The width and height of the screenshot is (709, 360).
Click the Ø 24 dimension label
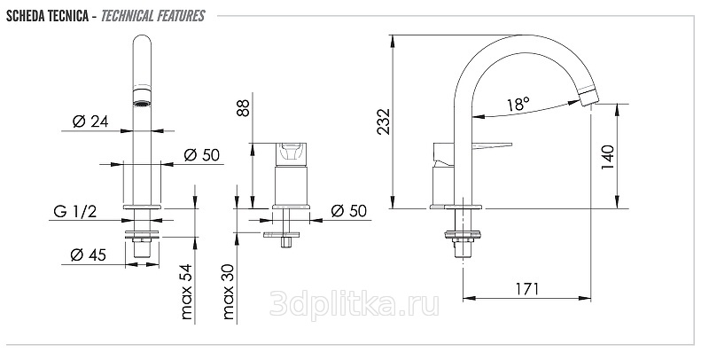coord(90,121)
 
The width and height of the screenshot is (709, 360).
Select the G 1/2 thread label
coord(75,211)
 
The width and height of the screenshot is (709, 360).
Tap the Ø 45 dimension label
coord(88,255)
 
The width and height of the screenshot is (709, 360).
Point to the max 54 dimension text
coord(186,292)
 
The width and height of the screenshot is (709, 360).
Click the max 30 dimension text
coord(229,292)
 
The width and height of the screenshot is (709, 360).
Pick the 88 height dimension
coord(243,108)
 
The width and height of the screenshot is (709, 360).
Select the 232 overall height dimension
coord(384,121)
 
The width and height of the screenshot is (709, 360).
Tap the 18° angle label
coord(518,104)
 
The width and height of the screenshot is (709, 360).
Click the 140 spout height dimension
coord(608,157)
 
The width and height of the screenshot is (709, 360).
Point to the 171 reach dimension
coord(527,288)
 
